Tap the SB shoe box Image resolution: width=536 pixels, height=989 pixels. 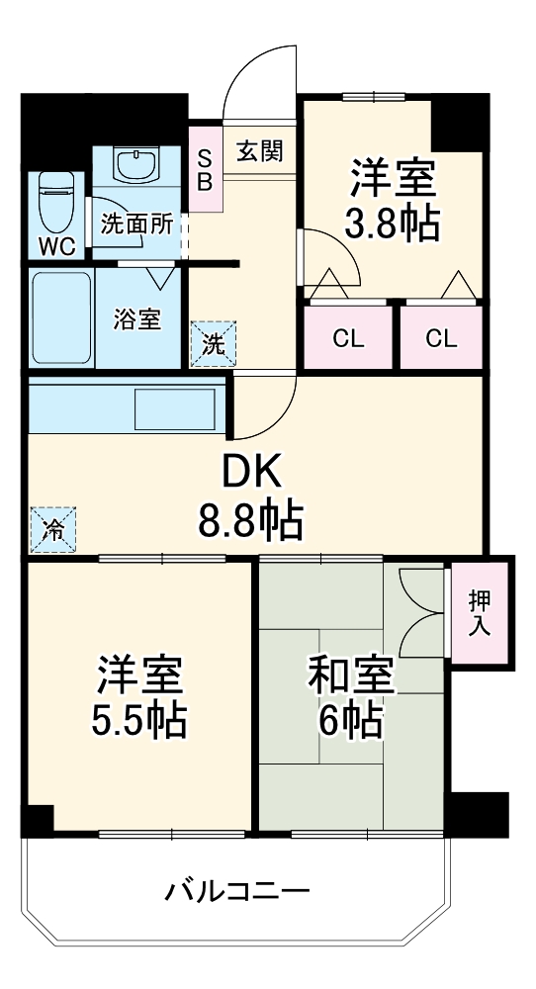(x=206, y=169)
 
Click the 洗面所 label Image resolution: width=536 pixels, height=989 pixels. (x=136, y=225)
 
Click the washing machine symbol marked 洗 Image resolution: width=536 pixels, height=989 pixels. (x=214, y=343)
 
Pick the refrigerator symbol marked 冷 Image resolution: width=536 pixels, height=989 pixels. (x=52, y=528)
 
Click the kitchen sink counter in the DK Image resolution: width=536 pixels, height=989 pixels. (x=124, y=407)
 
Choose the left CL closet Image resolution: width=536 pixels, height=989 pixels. (x=347, y=339)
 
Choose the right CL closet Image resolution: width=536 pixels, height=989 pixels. (x=442, y=339)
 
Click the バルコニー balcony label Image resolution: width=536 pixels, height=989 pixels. (x=237, y=891)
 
